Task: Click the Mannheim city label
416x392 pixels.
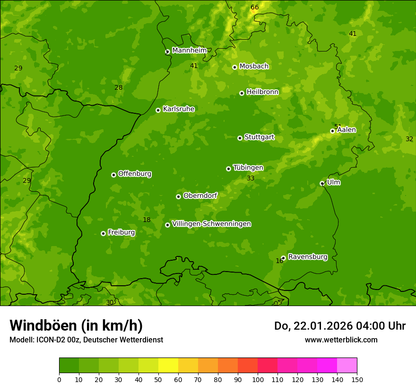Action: pyautogui.click(x=189, y=50)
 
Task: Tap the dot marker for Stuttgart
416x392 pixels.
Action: pyautogui.click(x=240, y=138)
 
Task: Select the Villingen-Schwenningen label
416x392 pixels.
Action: pyautogui.click(x=211, y=224)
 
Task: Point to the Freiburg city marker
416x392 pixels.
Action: pyautogui.click(x=103, y=233)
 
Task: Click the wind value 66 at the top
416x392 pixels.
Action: pyautogui.click(x=255, y=7)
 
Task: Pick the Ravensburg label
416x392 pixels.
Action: pyautogui.click(x=308, y=257)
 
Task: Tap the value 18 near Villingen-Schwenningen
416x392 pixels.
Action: pyautogui.click(x=147, y=220)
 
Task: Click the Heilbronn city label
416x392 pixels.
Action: pyautogui.click(x=262, y=92)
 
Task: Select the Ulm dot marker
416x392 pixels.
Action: pyautogui.click(x=322, y=183)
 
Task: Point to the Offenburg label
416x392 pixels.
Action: pyautogui.click(x=135, y=174)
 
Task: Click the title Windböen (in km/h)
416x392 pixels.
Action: pyautogui.click(x=76, y=325)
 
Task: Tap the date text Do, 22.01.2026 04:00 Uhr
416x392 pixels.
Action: pyautogui.click(x=339, y=326)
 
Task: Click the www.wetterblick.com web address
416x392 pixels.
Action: pyautogui.click(x=341, y=340)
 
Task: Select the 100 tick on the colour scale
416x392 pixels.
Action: pyautogui.click(x=258, y=379)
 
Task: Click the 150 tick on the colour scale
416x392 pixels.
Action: pyautogui.click(x=357, y=379)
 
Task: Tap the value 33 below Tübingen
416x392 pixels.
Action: pyautogui.click(x=251, y=178)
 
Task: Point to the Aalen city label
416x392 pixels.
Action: pyautogui.click(x=347, y=129)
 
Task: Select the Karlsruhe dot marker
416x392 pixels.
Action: pyautogui.click(x=158, y=110)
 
